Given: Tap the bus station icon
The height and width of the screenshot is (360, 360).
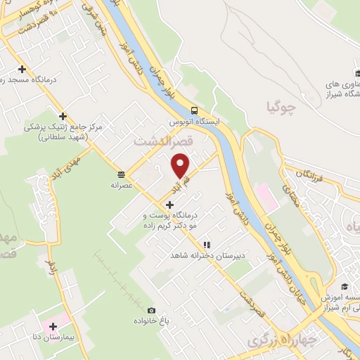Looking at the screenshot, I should [x=194, y=110].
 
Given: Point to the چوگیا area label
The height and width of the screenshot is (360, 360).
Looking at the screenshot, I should [x=281, y=108].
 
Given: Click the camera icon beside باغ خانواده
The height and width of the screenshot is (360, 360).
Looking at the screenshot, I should [x=150, y=310].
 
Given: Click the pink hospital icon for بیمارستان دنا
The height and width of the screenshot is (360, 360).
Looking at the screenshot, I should [x=53, y=327].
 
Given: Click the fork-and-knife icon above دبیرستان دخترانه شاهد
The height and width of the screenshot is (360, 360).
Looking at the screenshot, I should [x=206, y=245].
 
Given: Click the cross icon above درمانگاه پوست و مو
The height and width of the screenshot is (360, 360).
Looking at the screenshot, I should [x=170, y=204].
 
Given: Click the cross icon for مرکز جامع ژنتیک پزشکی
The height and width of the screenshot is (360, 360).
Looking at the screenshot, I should [x=63, y=116].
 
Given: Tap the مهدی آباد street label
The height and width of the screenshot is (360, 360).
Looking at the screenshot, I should [x=85, y=166].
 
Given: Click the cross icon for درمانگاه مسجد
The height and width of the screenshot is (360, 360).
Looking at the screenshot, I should [x=22, y=69].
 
